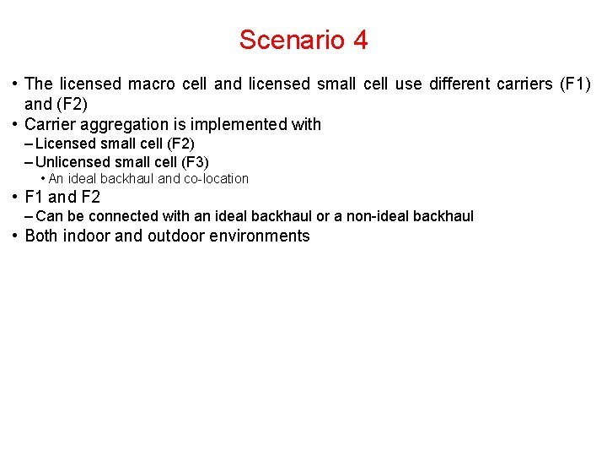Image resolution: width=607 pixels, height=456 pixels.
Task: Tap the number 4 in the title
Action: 361,40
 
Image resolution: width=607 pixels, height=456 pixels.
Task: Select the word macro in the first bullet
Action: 153,84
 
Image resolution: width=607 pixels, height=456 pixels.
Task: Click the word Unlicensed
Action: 73,161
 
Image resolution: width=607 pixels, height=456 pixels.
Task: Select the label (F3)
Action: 195,161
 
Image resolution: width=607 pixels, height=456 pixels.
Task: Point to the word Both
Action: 42,236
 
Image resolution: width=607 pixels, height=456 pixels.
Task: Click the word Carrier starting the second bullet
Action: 51,124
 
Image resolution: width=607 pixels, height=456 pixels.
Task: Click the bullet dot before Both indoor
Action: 16,236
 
